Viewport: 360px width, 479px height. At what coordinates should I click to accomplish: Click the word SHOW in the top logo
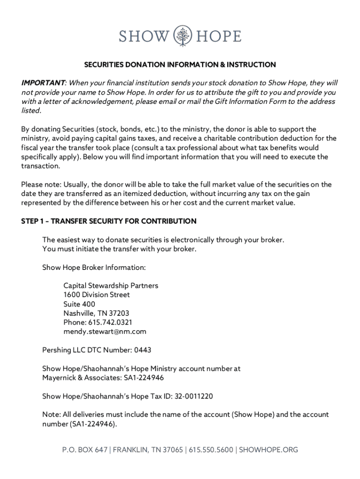click(143, 36)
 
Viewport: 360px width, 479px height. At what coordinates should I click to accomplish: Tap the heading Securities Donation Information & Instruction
click(180, 65)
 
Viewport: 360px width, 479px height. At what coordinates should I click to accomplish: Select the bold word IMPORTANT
click(43, 83)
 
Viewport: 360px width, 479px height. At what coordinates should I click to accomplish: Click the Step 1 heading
click(108, 221)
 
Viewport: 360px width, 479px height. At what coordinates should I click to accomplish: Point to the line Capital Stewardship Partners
click(111, 285)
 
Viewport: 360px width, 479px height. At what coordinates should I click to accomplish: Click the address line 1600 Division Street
click(97, 295)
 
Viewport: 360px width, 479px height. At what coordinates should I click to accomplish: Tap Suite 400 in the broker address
click(79, 304)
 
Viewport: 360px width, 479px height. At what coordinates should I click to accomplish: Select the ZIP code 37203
click(119, 313)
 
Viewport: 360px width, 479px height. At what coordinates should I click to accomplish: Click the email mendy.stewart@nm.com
click(105, 332)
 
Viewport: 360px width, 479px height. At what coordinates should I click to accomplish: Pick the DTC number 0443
click(143, 349)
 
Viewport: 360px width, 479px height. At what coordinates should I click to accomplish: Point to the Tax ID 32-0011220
click(194, 396)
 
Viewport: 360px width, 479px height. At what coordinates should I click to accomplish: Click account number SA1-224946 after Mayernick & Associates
click(144, 377)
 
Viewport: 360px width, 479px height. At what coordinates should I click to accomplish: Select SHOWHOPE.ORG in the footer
click(269, 450)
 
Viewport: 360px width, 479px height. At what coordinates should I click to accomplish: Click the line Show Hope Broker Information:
click(94, 268)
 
